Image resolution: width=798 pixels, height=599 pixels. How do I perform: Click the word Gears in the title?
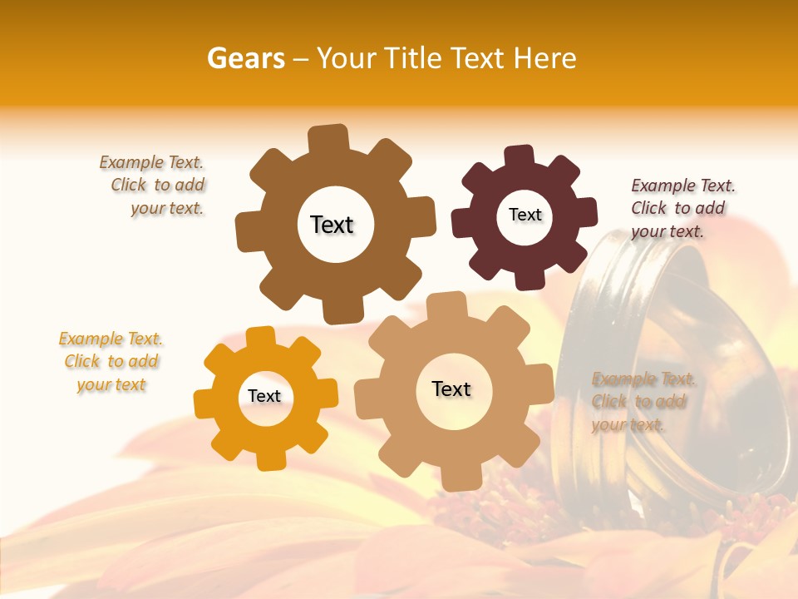(245, 58)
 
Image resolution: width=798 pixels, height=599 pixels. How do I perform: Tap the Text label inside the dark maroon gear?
(525, 215)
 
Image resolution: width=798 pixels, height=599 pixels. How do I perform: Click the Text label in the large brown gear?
(332, 225)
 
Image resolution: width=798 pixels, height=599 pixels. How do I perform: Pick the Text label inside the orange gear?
(264, 396)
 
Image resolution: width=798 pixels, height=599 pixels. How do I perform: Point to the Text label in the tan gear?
(451, 389)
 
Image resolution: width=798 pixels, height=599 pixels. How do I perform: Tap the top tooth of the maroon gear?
(520, 156)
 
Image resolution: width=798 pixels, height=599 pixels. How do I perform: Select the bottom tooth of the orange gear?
(272, 458)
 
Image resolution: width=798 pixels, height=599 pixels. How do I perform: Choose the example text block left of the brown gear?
(152, 186)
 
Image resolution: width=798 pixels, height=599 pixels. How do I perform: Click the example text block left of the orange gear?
(111, 361)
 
